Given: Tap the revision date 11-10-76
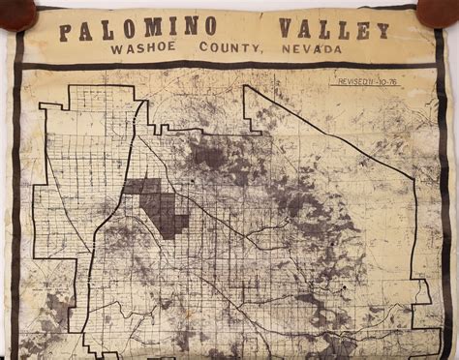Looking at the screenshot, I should click(x=387, y=84).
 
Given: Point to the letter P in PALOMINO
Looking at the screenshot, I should click(x=65, y=31).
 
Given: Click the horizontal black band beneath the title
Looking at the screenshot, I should click(x=229, y=65).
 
